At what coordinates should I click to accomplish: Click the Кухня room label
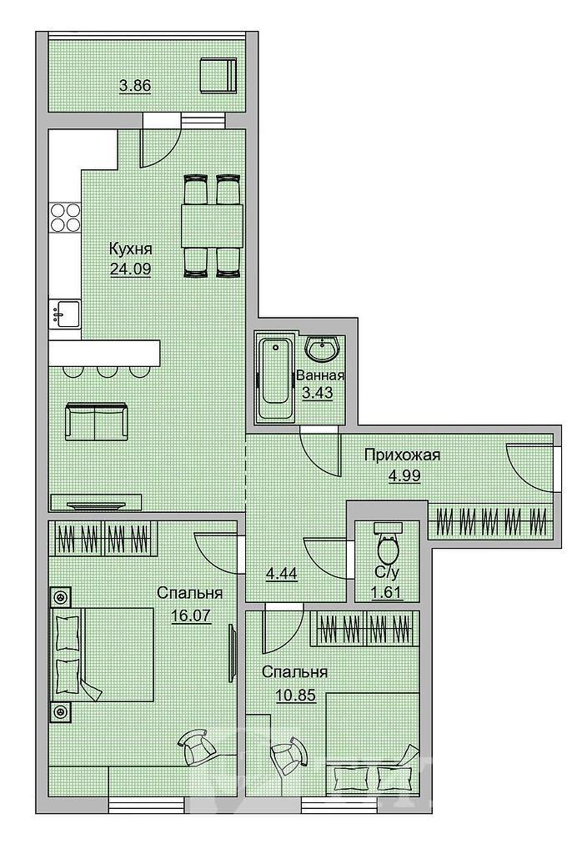click(131, 249)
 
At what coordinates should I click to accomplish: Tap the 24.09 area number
click(131, 269)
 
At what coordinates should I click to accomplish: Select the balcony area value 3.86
click(135, 86)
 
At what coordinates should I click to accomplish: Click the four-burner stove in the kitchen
click(65, 217)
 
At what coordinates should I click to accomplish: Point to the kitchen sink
click(65, 314)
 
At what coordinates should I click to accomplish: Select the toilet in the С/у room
click(388, 544)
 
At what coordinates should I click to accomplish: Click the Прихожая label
click(403, 455)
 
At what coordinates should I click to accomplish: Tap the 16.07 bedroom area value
click(191, 615)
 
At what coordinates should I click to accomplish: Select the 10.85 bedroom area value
click(296, 696)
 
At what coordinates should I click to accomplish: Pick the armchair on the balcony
click(218, 76)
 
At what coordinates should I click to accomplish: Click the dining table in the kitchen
click(212, 226)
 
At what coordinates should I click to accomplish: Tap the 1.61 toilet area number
click(387, 591)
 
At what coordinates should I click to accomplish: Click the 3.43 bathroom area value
click(318, 393)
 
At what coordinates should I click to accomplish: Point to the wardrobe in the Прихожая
click(490, 522)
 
